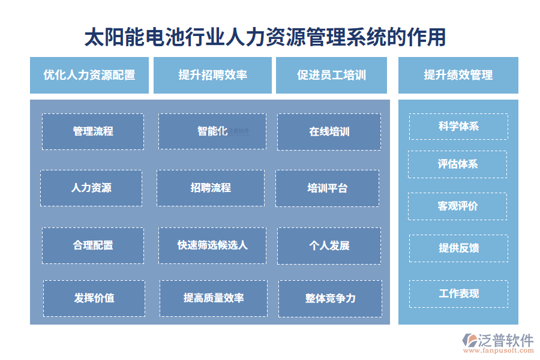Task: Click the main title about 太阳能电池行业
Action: click(265, 37)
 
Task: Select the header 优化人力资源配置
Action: click(89, 75)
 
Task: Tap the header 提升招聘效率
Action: click(212, 75)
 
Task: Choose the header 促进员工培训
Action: click(331, 75)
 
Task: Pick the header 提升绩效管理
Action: click(458, 75)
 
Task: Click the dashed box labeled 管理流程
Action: click(93, 131)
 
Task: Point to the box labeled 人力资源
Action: click(91, 188)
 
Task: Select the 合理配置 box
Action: click(93, 245)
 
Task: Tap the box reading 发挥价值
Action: click(94, 298)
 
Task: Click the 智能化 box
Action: click(212, 131)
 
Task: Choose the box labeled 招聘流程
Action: click(211, 188)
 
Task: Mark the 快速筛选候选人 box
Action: click(212, 245)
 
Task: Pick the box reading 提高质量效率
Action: click(214, 298)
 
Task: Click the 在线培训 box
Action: click(329, 131)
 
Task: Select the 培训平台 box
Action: click(327, 188)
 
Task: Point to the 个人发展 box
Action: click(329, 245)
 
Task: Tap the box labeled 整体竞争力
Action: click(331, 298)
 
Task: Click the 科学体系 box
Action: click(458, 127)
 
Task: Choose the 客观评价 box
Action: click(457, 206)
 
